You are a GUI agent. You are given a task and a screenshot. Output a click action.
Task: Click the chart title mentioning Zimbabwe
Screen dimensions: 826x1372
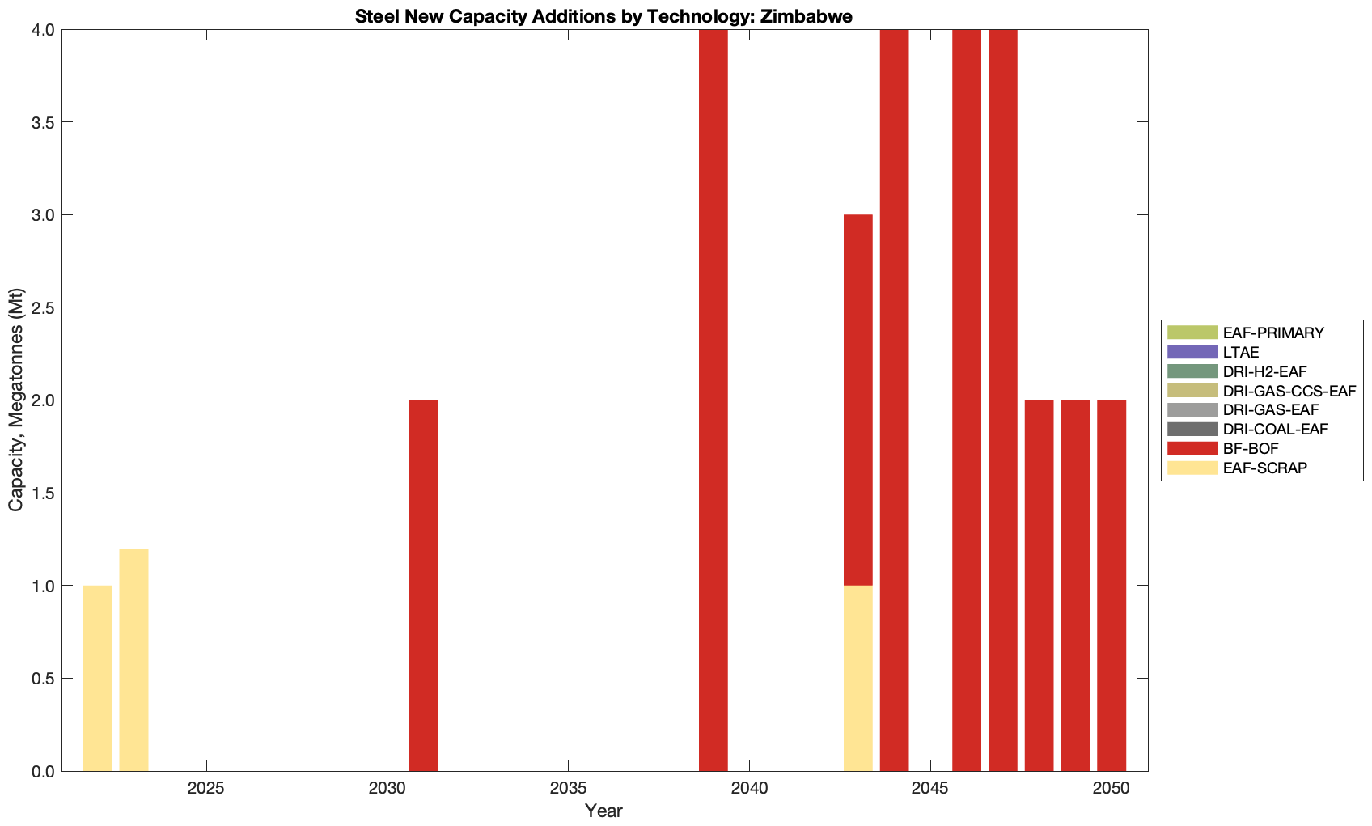pos(603,16)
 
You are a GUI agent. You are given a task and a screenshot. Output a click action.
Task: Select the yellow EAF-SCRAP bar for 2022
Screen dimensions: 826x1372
pos(98,678)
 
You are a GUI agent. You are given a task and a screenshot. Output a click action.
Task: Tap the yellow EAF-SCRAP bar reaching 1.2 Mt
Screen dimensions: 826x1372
pos(134,659)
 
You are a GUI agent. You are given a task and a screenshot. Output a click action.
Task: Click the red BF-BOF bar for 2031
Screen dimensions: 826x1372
pos(423,585)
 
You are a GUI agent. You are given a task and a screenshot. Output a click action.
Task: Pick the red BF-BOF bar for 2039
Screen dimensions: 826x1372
pos(713,400)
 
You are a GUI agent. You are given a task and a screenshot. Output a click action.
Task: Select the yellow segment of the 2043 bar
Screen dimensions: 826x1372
pos(857,678)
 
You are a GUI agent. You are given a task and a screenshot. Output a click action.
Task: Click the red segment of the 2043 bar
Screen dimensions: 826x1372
pos(857,400)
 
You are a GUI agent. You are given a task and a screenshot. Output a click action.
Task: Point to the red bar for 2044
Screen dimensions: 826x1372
pos(894,400)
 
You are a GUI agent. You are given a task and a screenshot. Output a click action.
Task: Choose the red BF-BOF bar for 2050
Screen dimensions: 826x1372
pos(1111,585)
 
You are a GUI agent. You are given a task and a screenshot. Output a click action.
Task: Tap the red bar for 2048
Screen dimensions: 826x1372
pos(1039,585)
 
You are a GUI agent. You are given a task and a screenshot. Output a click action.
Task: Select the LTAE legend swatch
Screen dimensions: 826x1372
pos(1192,352)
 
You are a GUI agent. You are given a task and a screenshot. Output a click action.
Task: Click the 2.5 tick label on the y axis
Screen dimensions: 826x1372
pos(40,307)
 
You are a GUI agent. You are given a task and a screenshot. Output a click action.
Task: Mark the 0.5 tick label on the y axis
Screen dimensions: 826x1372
pos(40,679)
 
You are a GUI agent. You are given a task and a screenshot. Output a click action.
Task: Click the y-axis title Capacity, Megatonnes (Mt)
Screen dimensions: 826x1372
pos(16,400)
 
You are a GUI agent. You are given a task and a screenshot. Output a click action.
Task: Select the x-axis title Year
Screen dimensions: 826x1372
pos(603,811)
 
